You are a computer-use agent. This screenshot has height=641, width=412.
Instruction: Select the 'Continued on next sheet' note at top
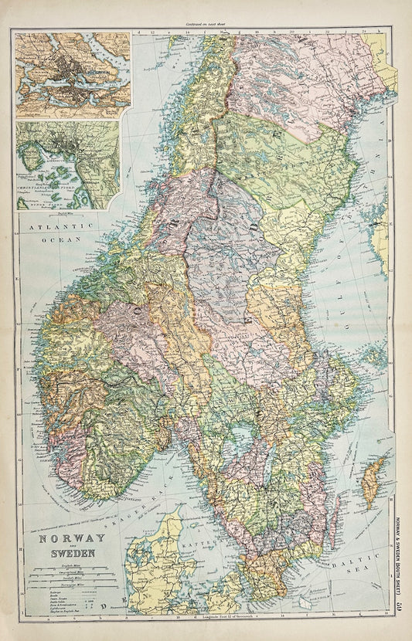point(206,25)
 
